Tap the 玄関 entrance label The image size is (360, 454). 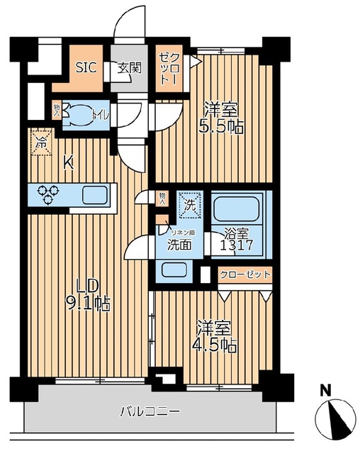coord(130,69)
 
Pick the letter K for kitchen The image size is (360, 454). coord(68,162)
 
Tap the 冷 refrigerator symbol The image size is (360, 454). coord(42,142)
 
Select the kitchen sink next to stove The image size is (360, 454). coord(94,194)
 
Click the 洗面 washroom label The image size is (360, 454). coord(179,245)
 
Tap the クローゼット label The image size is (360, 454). coord(245,275)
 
